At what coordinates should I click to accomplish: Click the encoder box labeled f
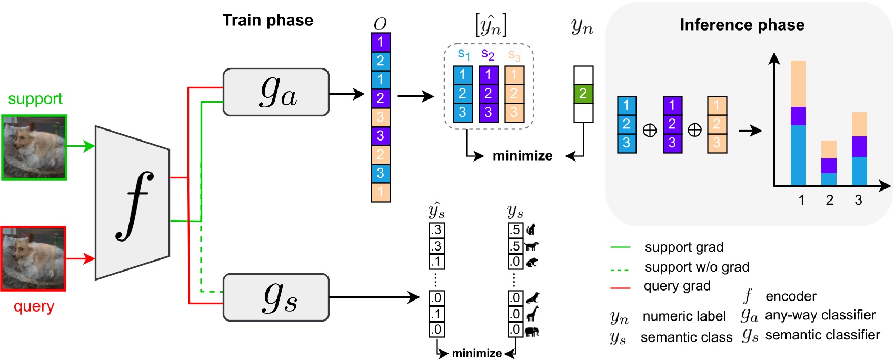[132, 203]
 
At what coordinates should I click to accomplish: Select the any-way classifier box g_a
[276, 92]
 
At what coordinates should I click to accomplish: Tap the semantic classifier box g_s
[276, 297]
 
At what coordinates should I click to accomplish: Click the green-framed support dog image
[34, 147]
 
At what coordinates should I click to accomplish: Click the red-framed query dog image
[33, 259]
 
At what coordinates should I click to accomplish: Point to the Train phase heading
[267, 20]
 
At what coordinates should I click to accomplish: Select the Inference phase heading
[742, 25]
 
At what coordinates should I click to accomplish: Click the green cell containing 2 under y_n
[583, 94]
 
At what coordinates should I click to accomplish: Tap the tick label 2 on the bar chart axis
[829, 201]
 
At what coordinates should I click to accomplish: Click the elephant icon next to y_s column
[532, 332]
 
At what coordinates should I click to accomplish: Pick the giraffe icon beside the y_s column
[532, 314]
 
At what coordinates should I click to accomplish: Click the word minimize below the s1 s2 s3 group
[522, 156]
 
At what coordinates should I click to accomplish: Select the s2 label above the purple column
[488, 54]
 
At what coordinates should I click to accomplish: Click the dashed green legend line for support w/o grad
[620, 269]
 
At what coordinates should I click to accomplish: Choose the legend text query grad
[677, 286]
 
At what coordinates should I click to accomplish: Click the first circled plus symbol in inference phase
[650, 130]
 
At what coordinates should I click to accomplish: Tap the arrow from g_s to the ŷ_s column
[374, 298]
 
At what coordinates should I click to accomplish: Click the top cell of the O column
[380, 42]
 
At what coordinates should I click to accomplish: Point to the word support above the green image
[35, 98]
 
